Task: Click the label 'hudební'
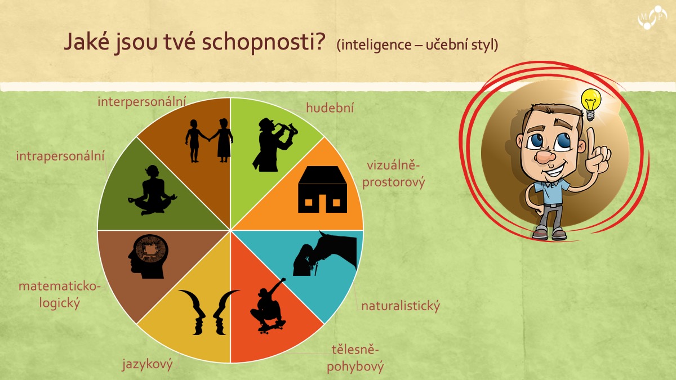click(x=330, y=108)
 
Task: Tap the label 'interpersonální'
click(x=142, y=102)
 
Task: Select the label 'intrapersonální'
click(x=60, y=157)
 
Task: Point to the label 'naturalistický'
click(x=401, y=306)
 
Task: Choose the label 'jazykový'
click(x=147, y=364)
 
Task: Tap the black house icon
click(x=323, y=189)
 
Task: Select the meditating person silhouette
click(x=153, y=190)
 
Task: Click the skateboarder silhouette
click(x=268, y=306)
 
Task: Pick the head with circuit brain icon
click(x=148, y=256)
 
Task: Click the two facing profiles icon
click(x=209, y=312)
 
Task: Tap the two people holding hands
click(x=209, y=141)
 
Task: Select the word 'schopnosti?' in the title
click(x=264, y=43)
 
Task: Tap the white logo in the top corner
click(x=652, y=17)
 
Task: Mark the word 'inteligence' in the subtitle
click(x=374, y=45)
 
